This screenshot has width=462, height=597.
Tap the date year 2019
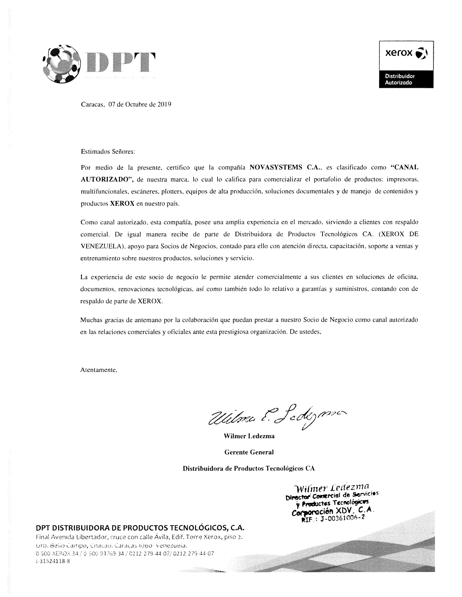tap(164, 105)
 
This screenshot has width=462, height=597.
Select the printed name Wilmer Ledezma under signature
tap(249, 436)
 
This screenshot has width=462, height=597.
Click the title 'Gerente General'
tap(249, 452)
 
